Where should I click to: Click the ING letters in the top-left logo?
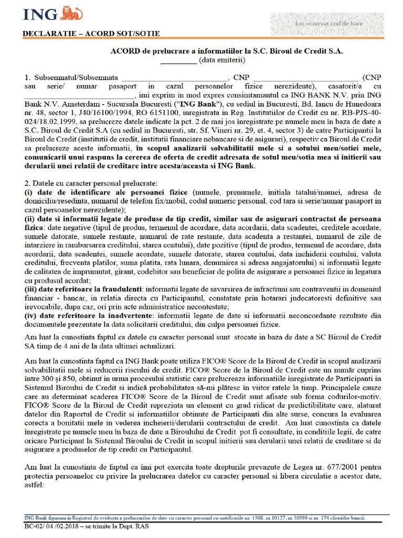[x=39, y=14]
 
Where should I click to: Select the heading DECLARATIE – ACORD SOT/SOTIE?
[x=91, y=34]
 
